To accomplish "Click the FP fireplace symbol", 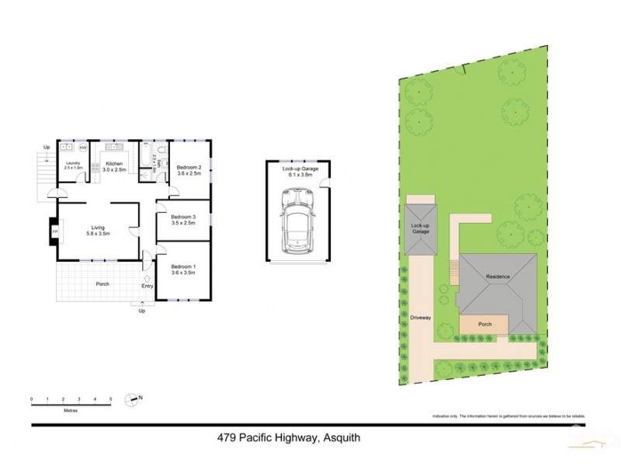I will [x=54, y=231].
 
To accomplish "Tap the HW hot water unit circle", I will [x=83, y=147].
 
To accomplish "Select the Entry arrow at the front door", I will [x=147, y=277].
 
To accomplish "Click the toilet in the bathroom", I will [x=160, y=150].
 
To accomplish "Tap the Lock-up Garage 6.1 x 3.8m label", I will [x=296, y=172].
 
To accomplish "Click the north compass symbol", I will [x=132, y=399].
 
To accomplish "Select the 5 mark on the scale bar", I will [x=111, y=399].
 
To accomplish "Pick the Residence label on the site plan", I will [x=498, y=276].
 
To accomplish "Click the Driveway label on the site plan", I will [x=420, y=318].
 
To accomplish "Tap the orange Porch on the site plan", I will [x=484, y=325].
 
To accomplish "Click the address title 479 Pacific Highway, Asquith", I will [x=288, y=438].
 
